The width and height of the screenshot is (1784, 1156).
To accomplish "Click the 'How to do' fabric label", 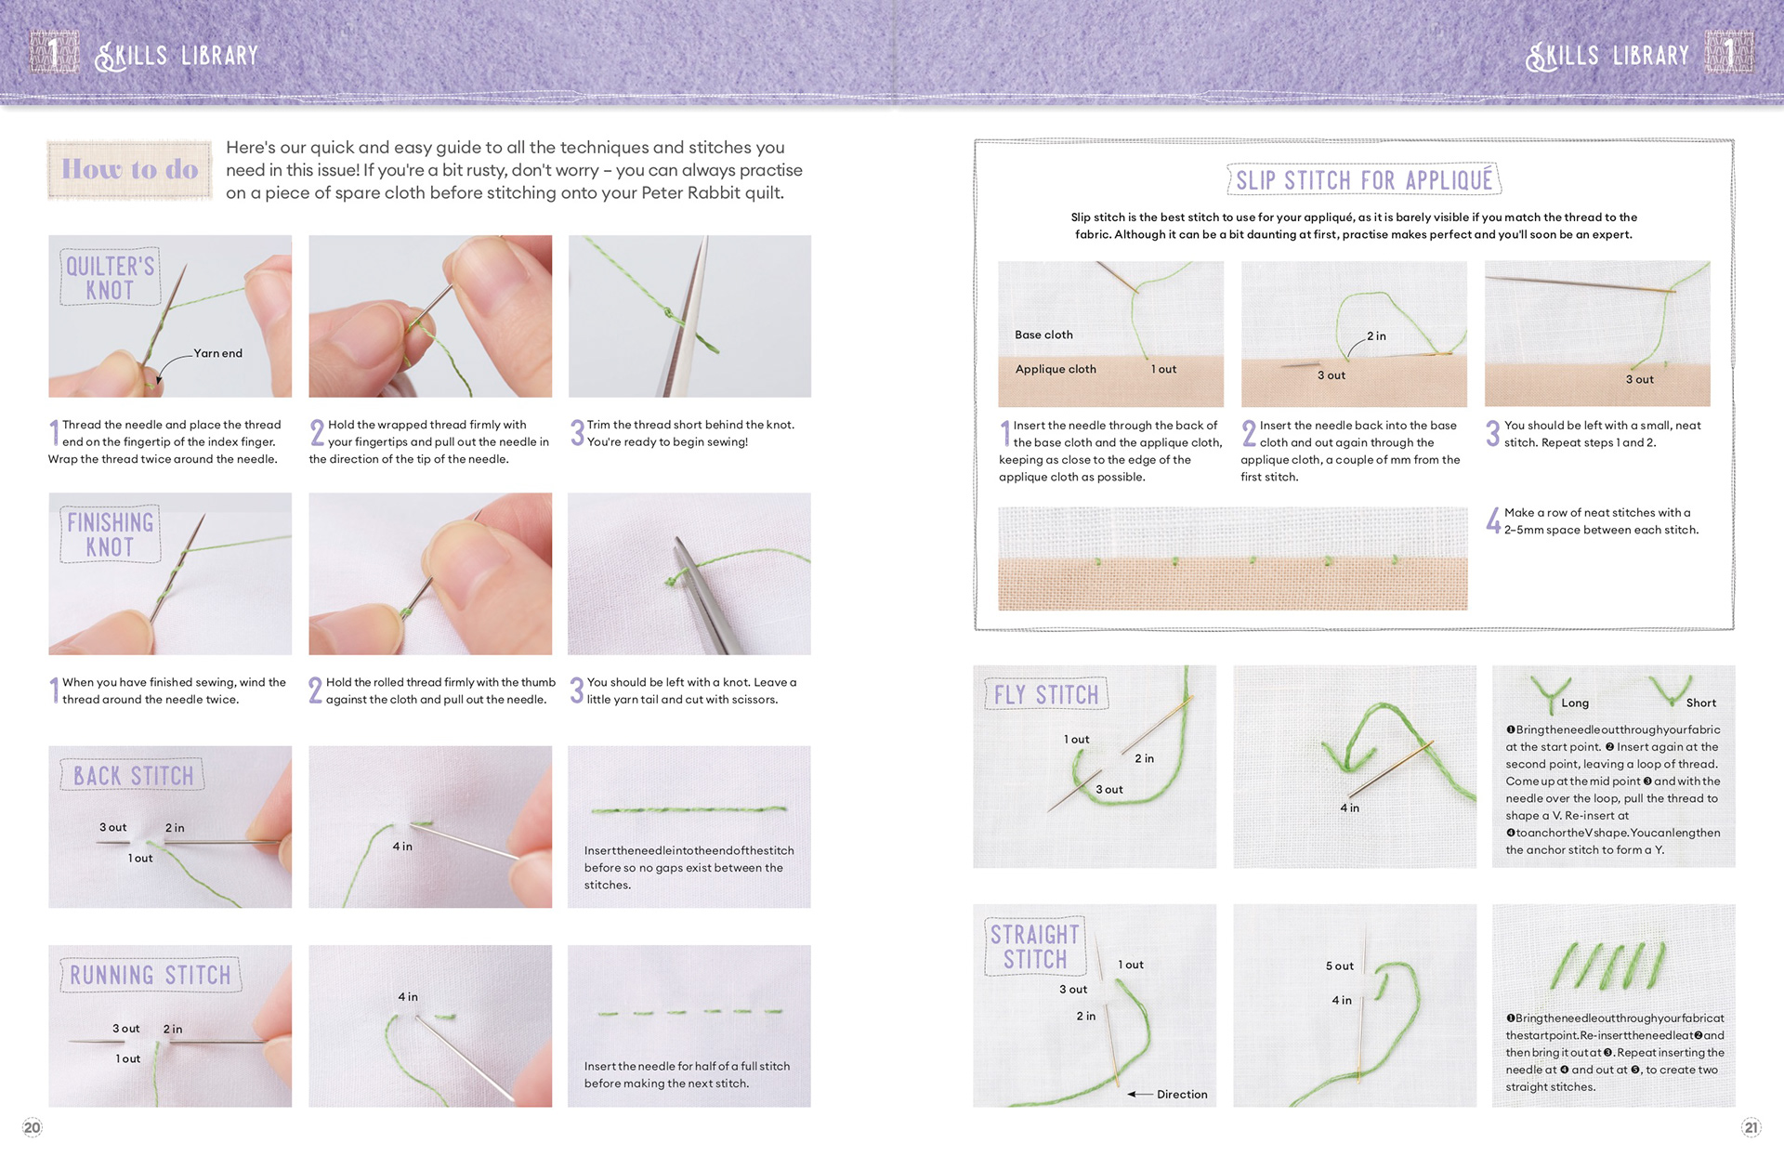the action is (x=129, y=169).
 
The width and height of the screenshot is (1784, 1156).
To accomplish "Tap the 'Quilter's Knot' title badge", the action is (x=110, y=277).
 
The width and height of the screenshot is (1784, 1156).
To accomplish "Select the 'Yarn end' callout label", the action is (x=217, y=353).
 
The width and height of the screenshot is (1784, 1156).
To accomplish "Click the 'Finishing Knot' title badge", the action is (x=110, y=534).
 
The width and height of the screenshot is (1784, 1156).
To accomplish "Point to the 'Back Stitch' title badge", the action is (x=133, y=775).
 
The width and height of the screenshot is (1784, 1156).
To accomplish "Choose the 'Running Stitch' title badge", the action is (x=150, y=975).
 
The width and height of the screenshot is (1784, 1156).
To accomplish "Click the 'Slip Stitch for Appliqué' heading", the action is (x=1364, y=179).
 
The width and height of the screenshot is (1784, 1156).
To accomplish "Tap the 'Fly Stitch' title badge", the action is (x=1046, y=694).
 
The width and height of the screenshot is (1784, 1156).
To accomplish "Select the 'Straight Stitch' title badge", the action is (x=1035, y=946).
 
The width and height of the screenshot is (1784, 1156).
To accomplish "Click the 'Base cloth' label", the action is (x=1043, y=335).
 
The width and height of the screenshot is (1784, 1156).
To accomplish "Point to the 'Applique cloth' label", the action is (x=1056, y=369).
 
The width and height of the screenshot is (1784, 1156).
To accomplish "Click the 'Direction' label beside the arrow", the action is (x=1182, y=1095).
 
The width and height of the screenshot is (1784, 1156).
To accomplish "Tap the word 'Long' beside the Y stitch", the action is (x=1575, y=703).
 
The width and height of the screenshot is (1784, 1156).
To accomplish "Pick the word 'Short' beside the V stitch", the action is (x=1701, y=703).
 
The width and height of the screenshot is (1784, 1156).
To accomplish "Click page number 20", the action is (x=33, y=1128).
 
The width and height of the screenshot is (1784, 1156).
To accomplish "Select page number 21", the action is (x=1751, y=1128).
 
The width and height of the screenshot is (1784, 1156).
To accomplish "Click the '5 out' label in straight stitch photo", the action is (x=1339, y=966).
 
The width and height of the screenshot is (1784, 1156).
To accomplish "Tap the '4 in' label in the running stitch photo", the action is (x=408, y=997).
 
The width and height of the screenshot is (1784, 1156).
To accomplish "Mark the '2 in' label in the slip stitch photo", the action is (x=1376, y=336).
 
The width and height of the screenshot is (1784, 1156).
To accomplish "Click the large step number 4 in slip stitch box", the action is (x=1493, y=520).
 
